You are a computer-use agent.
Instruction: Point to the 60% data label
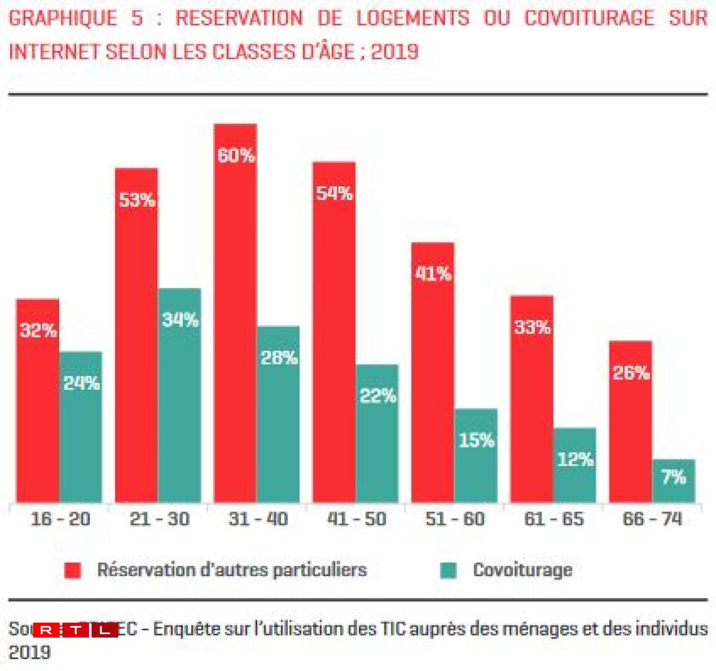(236, 156)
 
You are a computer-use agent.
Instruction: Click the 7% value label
(674, 477)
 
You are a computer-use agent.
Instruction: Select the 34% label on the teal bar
(180, 320)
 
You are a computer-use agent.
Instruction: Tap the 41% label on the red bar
(433, 274)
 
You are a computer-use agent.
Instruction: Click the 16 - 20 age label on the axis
(60, 519)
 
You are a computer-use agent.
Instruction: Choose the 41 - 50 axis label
(357, 519)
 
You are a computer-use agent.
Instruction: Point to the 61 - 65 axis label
(554, 519)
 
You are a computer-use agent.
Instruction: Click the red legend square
(72, 570)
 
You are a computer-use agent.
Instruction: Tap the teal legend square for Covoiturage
(448, 570)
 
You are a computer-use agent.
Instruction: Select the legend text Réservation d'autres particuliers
(232, 570)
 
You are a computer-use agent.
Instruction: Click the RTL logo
(76, 630)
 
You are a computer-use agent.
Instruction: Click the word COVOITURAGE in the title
(589, 18)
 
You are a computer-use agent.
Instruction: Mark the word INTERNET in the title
(54, 52)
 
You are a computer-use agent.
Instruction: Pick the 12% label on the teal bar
(575, 459)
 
